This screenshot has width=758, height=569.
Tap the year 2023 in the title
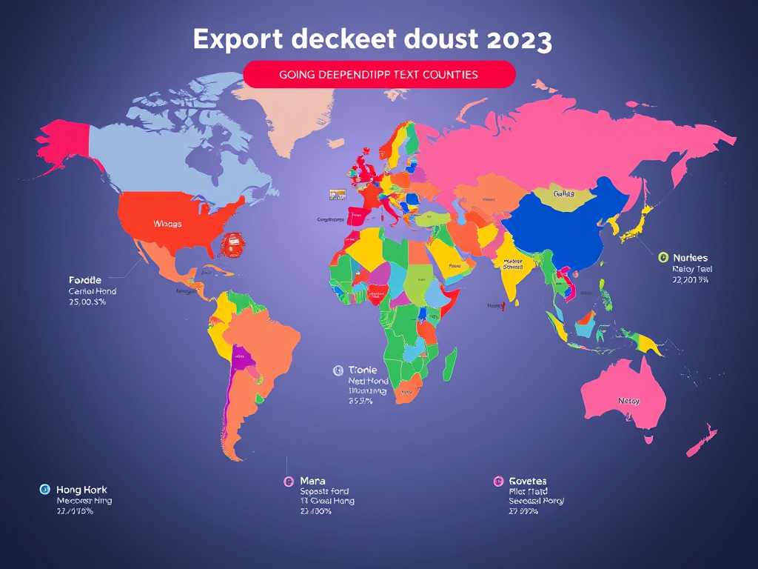pyautogui.click(x=519, y=40)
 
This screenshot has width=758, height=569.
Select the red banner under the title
pyautogui.click(x=378, y=75)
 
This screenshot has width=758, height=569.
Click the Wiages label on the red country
pyautogui.click(x=167, y=223)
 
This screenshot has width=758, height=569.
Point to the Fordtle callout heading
pyautogui.click(x=85, y=280)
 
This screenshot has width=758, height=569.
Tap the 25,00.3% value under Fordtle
pyautogui.click(x=87, y=303)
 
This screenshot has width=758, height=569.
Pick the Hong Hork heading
pyautogui.click(x=81, y=490)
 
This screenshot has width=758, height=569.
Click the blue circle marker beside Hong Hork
pyautogui.click(x=44, y=490)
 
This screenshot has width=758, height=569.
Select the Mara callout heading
pyautogui.click(x=312, y=481)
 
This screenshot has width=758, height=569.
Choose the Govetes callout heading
pyautogui.click(x=527, y=481)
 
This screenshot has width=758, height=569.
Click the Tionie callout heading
pyautogui.click(x=362, y=369)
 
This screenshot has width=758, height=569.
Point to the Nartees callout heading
pyautogui.click(x=689, y=257)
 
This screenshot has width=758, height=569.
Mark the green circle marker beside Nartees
pyautogui.click(x=663, y=257)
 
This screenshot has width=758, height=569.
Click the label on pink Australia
pyautogui.click(x=628, y=401)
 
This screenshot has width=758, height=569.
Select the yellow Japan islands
pyautogui.click(x=635, y=226)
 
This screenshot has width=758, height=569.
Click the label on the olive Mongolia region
pyautogui.click(x=564, y=193)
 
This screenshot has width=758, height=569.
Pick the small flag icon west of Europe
pyautogui.click(x=338, y=194)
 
